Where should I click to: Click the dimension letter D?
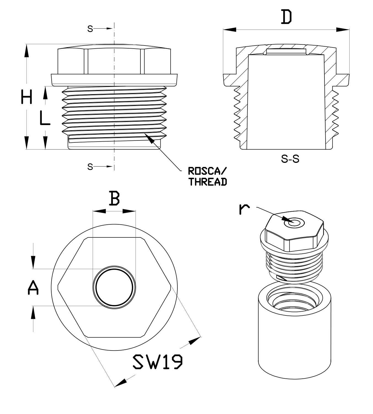point(286,17)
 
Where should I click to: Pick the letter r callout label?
point(244,209)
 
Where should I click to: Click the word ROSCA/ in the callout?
point(206,171)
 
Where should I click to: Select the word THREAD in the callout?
point(208,182)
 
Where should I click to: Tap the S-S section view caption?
point(290,159)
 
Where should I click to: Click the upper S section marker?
point(90,28)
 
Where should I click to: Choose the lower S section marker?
point(90,167)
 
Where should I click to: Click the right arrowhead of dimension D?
point(343,30)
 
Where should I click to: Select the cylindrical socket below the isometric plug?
point(294,334)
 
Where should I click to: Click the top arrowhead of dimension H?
point(26,51)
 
